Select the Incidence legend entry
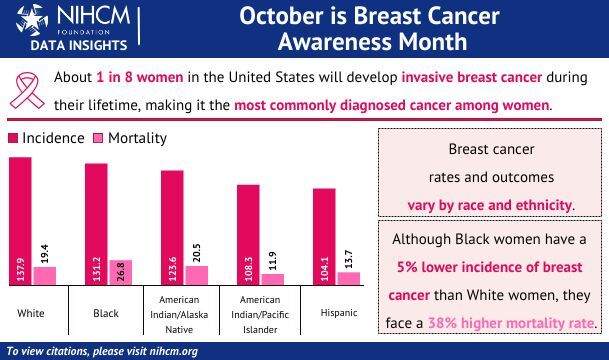tap(46, 138)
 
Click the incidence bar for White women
tap(20, 221)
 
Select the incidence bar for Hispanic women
tap(324, 236)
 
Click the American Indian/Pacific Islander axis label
tap(258, 312)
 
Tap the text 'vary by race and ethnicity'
tap(490, 204)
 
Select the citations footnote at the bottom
tap(101, 351)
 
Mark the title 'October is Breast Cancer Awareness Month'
tap(371, 29)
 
